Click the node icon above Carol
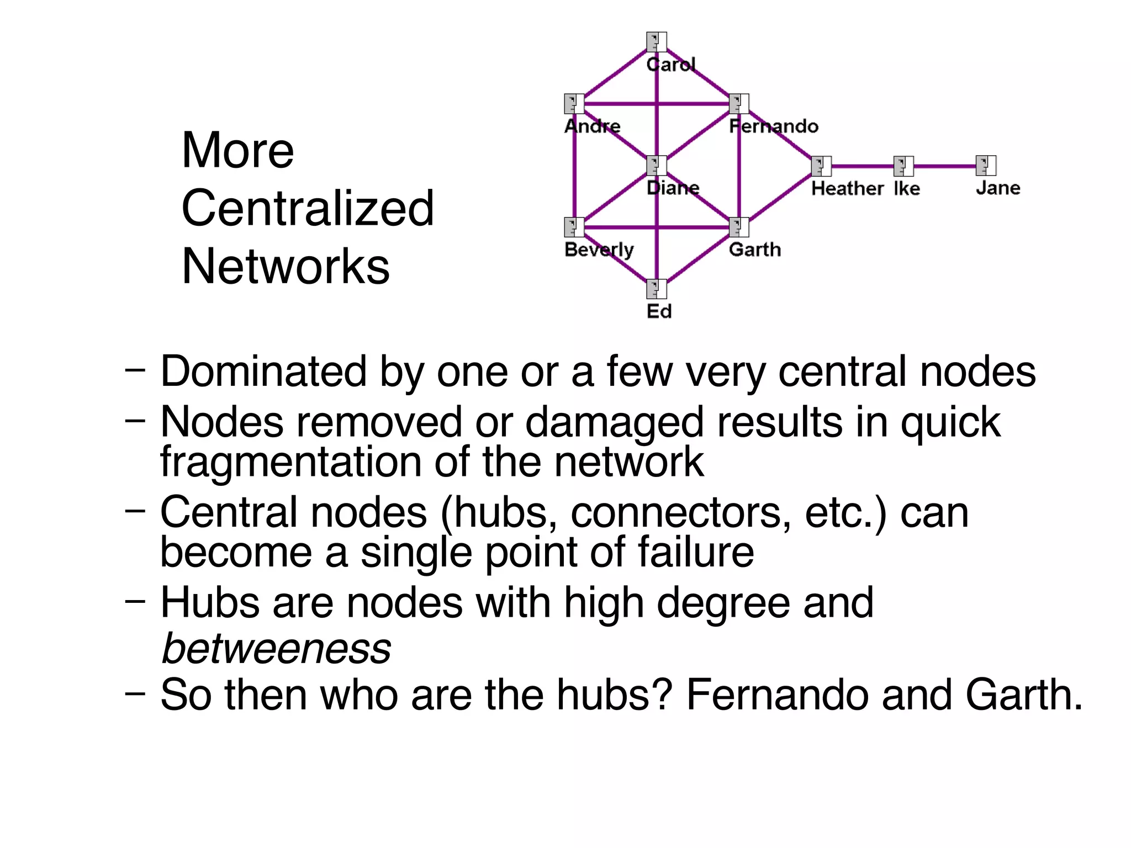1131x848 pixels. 657,42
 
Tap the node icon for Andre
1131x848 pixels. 574,104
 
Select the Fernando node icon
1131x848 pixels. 739,104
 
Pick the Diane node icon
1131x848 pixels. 657,166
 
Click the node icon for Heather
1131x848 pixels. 821,166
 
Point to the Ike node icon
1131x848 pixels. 903,166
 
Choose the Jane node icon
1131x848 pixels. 986,166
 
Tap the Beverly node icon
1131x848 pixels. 574,227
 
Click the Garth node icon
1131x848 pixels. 739,227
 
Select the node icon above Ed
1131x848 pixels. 657,289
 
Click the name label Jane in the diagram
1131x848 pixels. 997,188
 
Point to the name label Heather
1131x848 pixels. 847,189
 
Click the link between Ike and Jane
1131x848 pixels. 944,166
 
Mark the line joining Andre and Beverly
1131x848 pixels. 574,166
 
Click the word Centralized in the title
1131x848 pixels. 308,208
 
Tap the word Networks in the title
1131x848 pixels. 286,267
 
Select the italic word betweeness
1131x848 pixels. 276,648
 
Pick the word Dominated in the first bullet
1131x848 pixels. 263,372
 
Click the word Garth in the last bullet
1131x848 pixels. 1023,695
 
